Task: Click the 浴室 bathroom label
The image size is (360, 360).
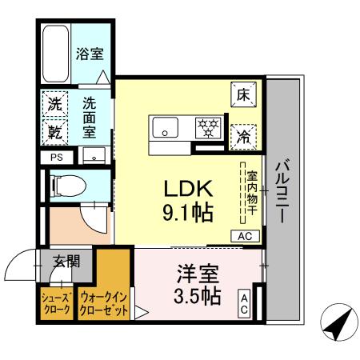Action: (90, 55)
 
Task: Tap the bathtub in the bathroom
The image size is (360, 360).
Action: (56, 52)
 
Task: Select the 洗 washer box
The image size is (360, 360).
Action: (54, 103)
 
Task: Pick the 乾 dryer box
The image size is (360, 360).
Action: (54, 129)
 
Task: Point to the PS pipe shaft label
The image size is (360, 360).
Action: (56, 158)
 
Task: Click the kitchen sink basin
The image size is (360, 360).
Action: (166, 126)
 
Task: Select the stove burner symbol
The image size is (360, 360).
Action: (210, 126)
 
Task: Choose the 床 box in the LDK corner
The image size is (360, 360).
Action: (243, 94)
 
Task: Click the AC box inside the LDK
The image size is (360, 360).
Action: (245, 235)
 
